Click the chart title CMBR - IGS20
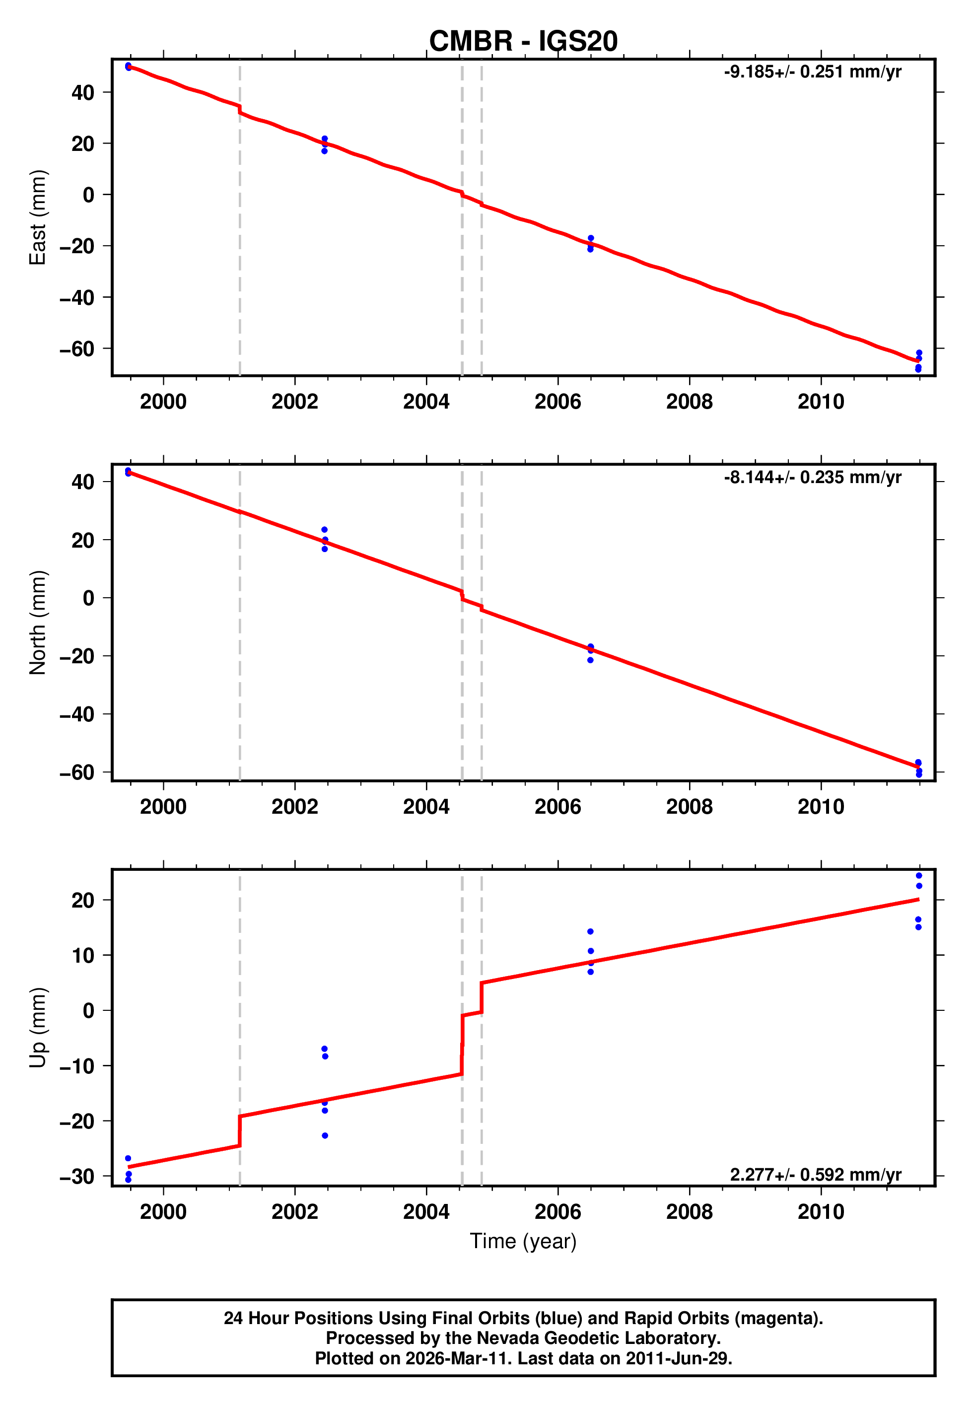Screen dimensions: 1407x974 pyautogui.click(x=523, y=42)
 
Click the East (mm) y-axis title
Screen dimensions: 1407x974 pyautogui.click(x=38, y=217)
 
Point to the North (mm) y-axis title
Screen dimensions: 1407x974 pyautogui.click(x=38, y=623)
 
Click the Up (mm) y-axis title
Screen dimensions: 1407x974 pyautogui.click(x=38, y=1028)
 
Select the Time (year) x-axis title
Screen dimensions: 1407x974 pyautogui.click(x=523, y=1241)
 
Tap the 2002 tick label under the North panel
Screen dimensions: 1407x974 pyautogui.click(x=294, y=807)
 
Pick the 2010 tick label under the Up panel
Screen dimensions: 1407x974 pyautogui.click(x=820, y=1212)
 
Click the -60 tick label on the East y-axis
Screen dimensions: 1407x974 pyautogui.click(x=77, y=349)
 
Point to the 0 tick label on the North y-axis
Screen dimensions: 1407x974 pyautogui.click(x=88, y=598)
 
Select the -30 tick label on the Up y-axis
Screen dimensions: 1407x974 pyautogui.click(x=77, y=1176)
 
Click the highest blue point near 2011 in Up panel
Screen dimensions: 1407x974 pyautogui.click(x=918, y=876)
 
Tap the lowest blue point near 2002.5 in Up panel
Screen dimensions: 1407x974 pyautogui.click(x=325, y=1135)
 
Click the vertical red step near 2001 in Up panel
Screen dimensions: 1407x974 pyautogui.click(x=239, y=1130)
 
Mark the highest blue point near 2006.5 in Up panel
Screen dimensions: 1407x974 pyautogui.click(x=590, y=932)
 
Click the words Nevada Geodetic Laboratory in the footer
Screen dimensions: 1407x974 pyautogui.click(x=598, y=1338)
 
